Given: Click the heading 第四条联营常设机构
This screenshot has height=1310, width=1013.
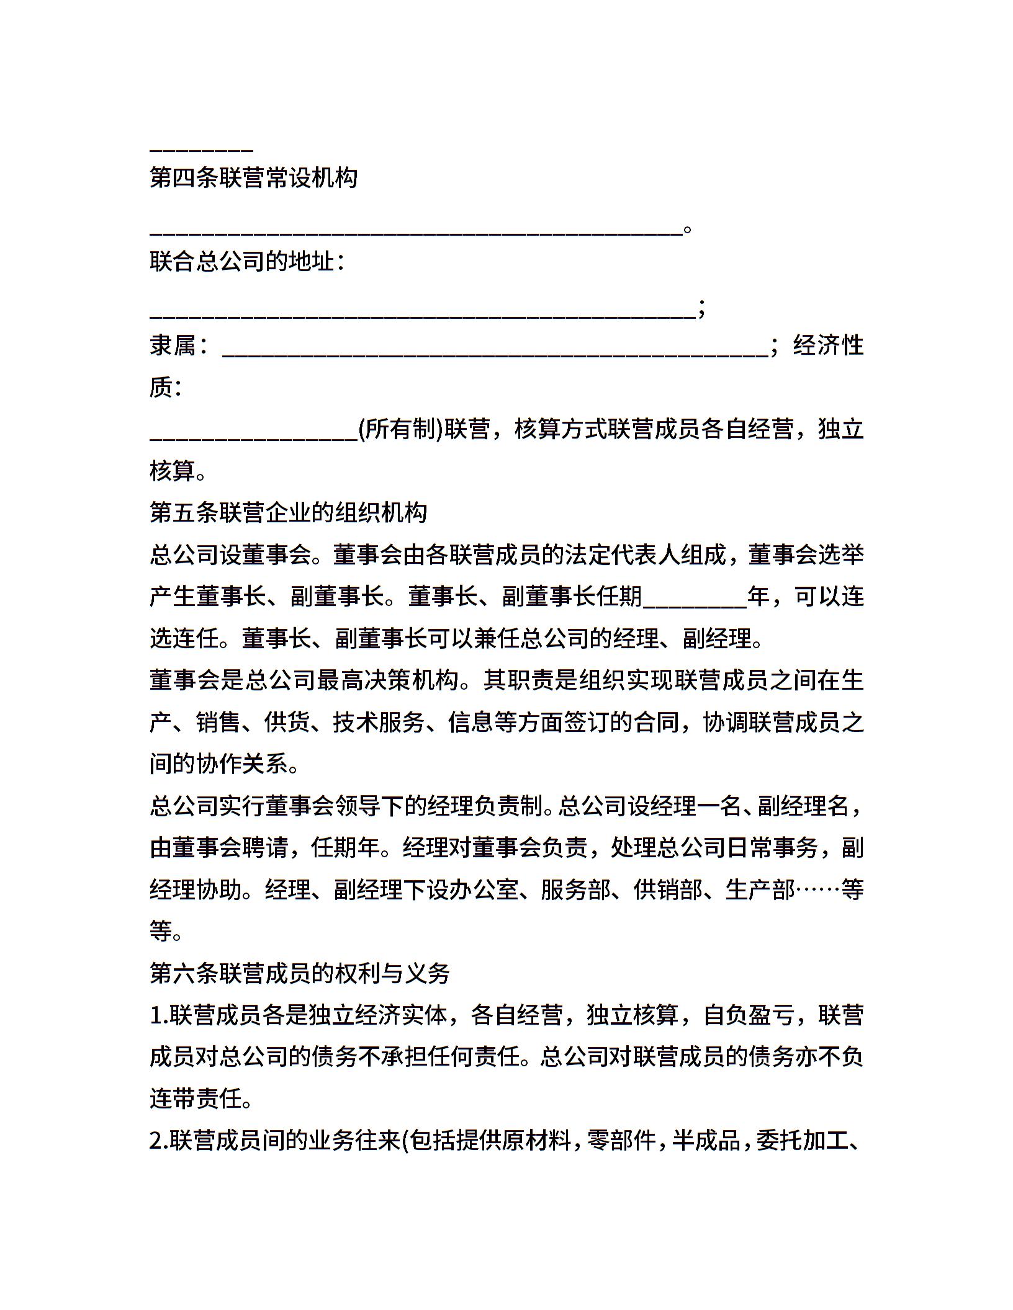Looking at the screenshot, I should (x=253, y=179).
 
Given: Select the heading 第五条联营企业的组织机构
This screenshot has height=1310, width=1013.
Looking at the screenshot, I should (x=288, y=512).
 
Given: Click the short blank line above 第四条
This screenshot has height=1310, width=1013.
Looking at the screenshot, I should (x=201, y=149).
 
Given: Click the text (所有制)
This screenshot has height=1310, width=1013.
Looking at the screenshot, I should (x=400, y=429).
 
